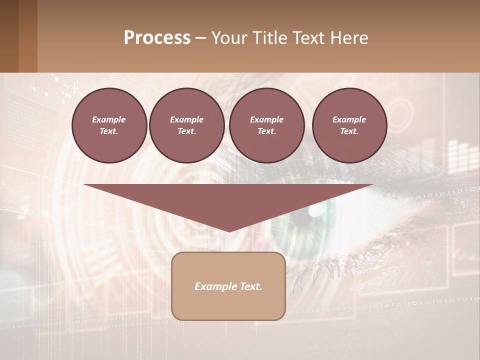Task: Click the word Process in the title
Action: click(x=157, y=38)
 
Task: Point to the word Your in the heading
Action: click(x=229, y=38)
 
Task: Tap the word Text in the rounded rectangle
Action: click(x=251, y=286)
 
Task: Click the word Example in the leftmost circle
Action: click(x=109, y=119)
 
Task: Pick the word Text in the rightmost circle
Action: click(x=349, y=131)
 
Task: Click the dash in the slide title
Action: click(x=201, y=38)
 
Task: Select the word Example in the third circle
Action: click(x=266, y=119)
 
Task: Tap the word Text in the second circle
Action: click(x=186, y=131)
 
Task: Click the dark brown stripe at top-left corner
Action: click(x=9, y=36)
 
